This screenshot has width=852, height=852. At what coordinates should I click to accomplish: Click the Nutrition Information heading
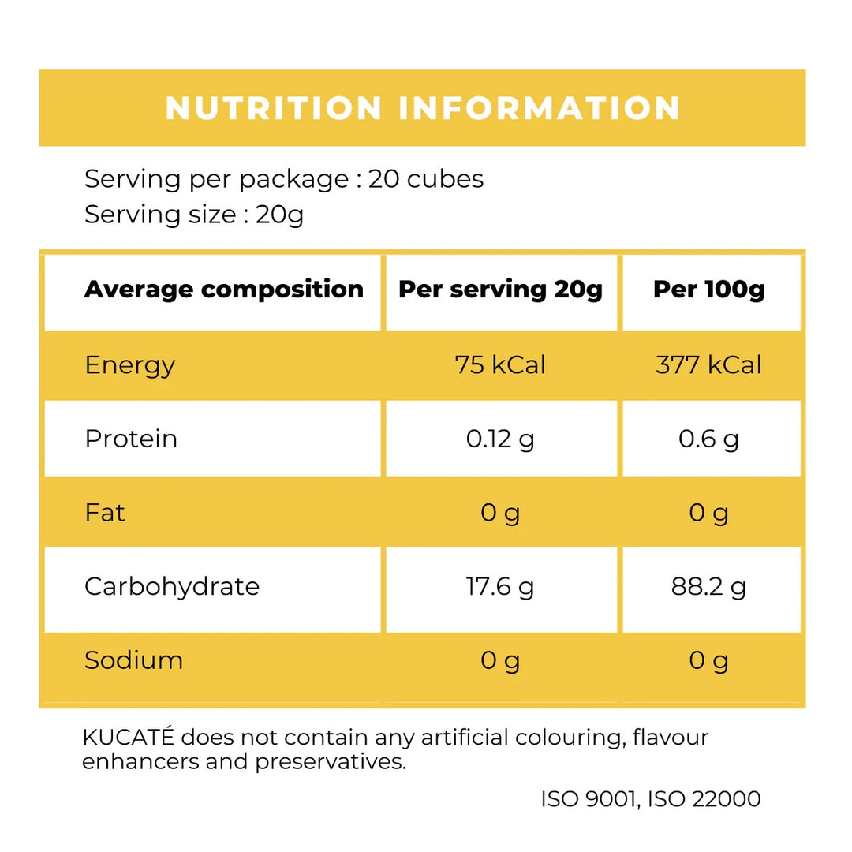[423, 108]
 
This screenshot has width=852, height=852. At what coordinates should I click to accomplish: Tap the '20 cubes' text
[426, 179]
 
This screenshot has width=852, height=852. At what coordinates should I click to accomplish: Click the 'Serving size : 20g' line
[194, 215]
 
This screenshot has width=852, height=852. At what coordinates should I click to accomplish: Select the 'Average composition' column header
[224, 290]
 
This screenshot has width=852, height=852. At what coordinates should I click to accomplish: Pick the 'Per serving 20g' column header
[500, 290]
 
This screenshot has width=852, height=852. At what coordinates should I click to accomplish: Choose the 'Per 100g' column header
[709, 290]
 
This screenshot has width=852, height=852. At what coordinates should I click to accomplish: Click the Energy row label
[129, 365]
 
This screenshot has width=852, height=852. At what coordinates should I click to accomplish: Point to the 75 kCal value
[500, 365]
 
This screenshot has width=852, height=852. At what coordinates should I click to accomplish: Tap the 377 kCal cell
[709, 365]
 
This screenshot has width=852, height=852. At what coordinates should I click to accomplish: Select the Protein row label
[131, 439]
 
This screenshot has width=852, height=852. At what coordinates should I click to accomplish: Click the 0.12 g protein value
[500, 439]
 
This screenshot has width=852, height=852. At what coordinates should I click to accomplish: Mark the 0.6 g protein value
[709, 439]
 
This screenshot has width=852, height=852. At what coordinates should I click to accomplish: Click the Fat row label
[105, 513]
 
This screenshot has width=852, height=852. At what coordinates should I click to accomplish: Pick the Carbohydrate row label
[172, 586]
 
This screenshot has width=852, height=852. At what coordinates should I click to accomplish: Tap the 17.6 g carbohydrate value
[500, 586]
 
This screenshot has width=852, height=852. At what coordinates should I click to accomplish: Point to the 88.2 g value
[709, 586]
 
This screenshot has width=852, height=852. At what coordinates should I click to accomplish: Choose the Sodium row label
[133, 660]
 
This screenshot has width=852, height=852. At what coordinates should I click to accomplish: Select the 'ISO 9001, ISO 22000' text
[651, 799]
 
